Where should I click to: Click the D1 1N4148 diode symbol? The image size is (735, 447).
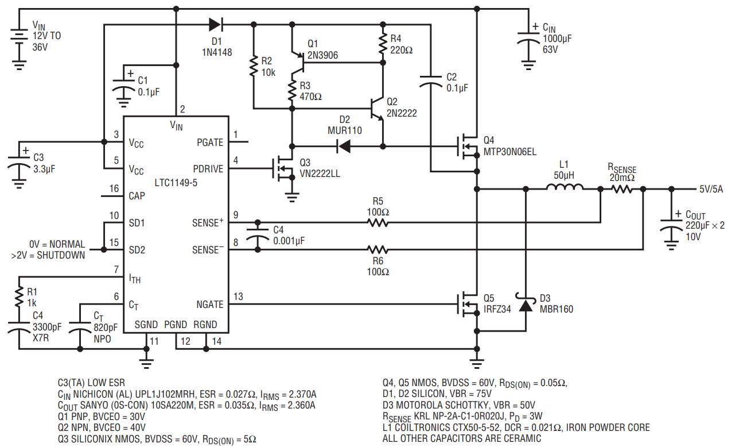(216, 24)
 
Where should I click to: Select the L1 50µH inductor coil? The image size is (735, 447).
(565, 186)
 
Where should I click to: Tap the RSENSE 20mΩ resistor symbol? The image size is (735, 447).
(622, 189)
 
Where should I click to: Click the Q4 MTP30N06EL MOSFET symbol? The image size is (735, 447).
(468, 146)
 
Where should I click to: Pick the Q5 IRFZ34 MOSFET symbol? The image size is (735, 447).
(468, 304)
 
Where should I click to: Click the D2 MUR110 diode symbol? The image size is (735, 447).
(344, 147)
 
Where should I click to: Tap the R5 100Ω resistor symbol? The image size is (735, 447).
(378, 223)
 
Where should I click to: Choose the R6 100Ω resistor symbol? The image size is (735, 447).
(378, 250)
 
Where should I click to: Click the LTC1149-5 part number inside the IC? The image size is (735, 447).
(176, 183)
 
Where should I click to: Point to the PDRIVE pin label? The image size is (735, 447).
(208, 168)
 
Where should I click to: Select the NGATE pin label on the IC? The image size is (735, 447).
(209, 305)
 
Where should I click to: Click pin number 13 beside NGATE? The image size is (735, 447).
(238, 296)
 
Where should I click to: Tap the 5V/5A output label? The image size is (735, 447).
(711, 189)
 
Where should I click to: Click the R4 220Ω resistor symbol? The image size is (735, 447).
(383, 44)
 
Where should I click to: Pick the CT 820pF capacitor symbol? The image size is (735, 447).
(80, 325)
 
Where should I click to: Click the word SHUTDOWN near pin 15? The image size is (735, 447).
(61, 255)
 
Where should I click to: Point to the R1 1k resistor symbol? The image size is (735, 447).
(19, 297)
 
